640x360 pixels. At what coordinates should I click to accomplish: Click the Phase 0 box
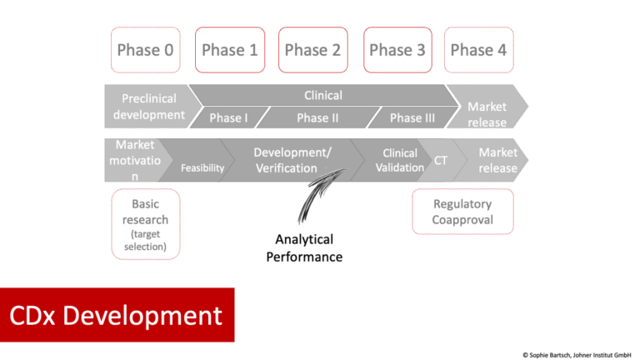click(x=145, y=50)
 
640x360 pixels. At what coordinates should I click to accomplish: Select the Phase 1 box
click(x=229, y=50)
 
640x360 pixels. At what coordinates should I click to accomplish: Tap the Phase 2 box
click(x=312, y=50)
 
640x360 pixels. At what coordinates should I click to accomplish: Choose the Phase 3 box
click(x=397, y=50)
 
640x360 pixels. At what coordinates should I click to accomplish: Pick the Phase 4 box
click(x=478, y=50)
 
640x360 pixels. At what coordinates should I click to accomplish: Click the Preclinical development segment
click(x=148, y=107)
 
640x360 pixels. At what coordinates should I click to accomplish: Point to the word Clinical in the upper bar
click(x=323, y=95)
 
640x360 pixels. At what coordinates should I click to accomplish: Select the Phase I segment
click(x=228, y=117)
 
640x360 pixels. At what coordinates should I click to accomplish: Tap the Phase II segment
click(x=317, y=117)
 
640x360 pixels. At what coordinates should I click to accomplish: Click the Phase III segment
click(x=412, y=117)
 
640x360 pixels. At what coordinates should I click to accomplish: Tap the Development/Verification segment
click(x=292, y=160)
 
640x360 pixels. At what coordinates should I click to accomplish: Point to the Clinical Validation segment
click(x=399, y=160)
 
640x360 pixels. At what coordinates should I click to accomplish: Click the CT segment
click(x=441, y=160)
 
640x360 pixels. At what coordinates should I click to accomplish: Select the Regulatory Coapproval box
click(x=462, y=212)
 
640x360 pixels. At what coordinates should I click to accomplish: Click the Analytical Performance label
click(x=304, y=248)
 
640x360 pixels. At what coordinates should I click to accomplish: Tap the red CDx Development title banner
click(x=117, y=314)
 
